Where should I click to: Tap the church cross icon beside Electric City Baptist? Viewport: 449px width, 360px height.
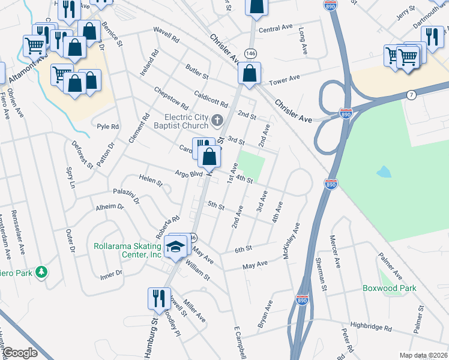(217, 122)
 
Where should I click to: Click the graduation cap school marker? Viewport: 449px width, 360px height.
(175, 247)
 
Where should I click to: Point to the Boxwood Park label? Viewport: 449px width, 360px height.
(389, 288)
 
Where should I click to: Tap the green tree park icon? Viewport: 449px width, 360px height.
(41, 272)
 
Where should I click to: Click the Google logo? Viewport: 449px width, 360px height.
(20, 353)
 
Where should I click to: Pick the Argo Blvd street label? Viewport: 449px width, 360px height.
(188, 173)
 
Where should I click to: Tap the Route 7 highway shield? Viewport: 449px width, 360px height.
(411, 95)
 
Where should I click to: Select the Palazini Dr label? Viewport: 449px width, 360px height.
(126, 196)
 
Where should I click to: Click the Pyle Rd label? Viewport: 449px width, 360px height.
(108, 127)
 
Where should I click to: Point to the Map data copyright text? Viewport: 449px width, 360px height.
(423, 355)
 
